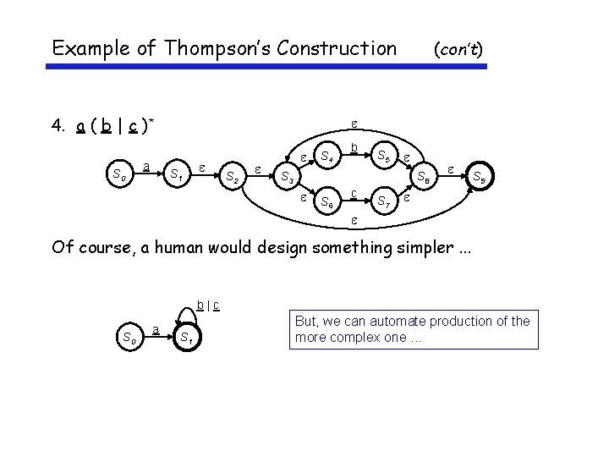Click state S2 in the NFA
pos(230,178)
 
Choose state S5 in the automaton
pos(383,157)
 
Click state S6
pos(326,203)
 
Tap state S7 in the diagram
pos(383,203)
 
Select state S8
pos(423,178)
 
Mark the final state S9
pos(479,178)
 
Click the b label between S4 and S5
pos(355,149)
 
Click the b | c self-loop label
pos(208,304)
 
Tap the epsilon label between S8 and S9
pos(451,168)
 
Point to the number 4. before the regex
pos(58,128)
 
